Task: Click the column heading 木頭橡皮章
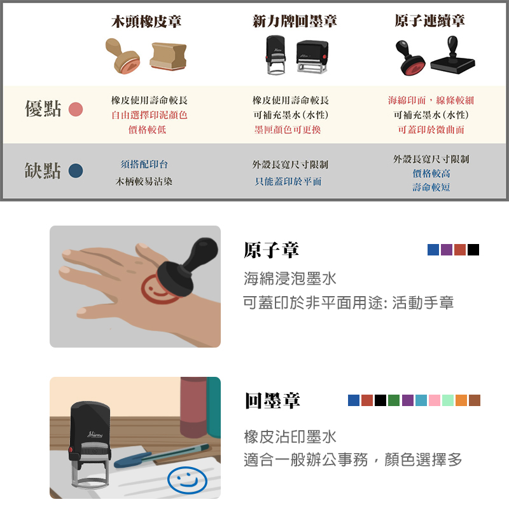[146, 22]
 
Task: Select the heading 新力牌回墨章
[295, 21]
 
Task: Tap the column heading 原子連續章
[429, 20]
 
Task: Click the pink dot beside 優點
[76, 109]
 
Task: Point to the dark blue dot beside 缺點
[76, 171]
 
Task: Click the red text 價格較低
[147, 130]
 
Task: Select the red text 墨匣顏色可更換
[288, 130]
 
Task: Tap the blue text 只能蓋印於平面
[288, 181]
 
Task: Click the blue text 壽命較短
[431, 187]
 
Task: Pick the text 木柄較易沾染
[144, 181]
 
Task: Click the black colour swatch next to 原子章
[473, 250]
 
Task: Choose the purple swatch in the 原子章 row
[447, 250]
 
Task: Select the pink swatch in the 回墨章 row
[435, 400]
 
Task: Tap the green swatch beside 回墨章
[394, 400]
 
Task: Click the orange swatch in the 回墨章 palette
[461, 400]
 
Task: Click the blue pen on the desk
[162, 456]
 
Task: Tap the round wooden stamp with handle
[123, 56]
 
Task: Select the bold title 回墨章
[272, 400]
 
